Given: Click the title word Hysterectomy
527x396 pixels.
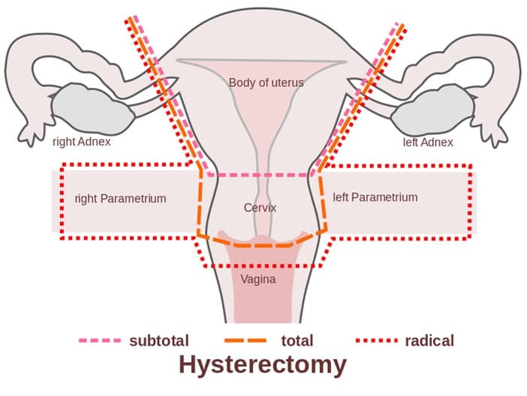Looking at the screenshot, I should (x=263, y=366).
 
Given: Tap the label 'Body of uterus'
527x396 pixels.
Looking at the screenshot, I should (x=266, y=83).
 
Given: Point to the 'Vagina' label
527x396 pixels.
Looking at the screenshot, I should (x=258, y=280).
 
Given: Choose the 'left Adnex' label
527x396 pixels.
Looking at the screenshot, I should (x=428, y=143).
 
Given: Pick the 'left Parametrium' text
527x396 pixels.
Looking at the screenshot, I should (x=375, y=197).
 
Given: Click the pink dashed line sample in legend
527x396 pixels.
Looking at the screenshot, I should (x=99, y=340).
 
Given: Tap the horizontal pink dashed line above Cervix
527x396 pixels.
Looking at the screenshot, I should (x=259, y=174).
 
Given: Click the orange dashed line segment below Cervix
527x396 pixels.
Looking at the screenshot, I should (x=263, y=244).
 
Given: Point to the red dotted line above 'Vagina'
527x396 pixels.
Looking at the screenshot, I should (x=259, y=266).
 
